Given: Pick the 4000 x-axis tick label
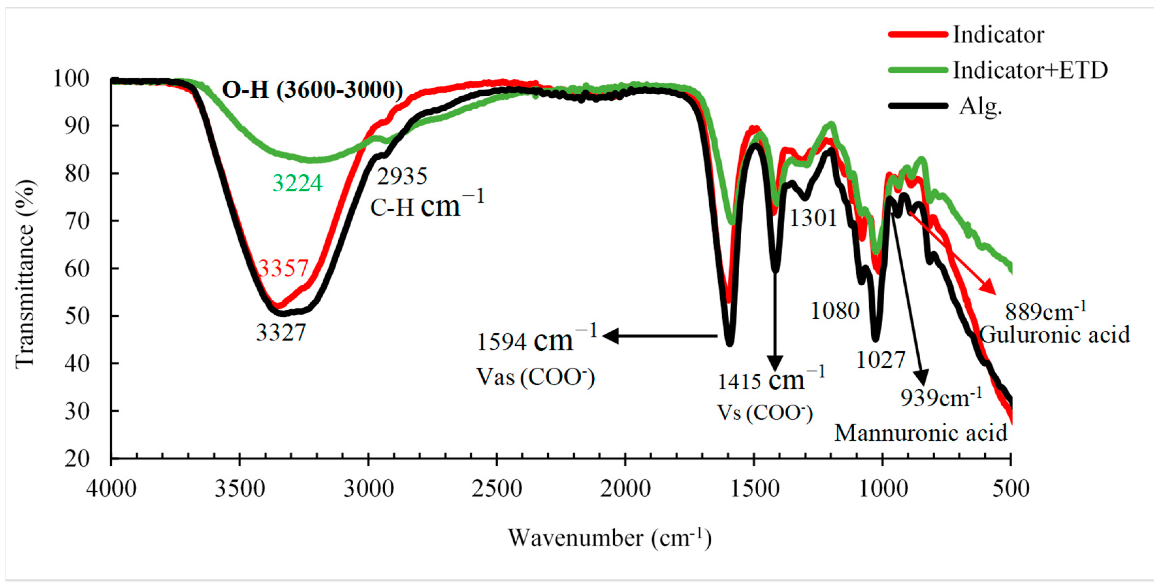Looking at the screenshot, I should [111, 489].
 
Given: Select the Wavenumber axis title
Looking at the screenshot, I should [609, 538].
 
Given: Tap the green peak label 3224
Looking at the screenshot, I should [297, 183].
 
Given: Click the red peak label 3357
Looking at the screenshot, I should [283, 269].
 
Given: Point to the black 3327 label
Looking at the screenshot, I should [281, 333].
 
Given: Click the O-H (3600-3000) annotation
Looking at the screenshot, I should [312, 90].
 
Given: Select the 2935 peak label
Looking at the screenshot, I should [402, 176].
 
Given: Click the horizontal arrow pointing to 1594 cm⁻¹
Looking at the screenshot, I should [660, 336].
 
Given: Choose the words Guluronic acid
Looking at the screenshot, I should [1055, 335].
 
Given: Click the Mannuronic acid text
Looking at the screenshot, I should [921, 433].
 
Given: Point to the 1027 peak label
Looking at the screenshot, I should [880, 360].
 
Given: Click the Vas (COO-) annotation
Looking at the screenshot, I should [535, 377].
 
